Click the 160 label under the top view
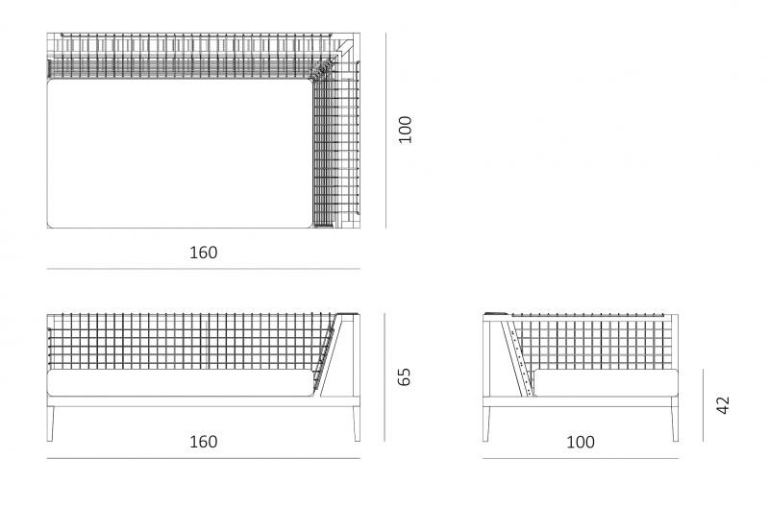point(204,253)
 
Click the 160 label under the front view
point(204,442)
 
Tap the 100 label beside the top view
point(405,130)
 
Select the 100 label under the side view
point(581,443)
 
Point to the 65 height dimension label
point(404,376)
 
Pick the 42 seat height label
point(724,405)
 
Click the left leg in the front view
point(51,423)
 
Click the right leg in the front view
point(357,423)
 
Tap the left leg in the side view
point(486,423)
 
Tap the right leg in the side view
point(675,423)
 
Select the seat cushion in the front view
point(181,383)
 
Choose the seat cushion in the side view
point(606,383)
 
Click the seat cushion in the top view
point(180,154)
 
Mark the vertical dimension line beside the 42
point(703,405)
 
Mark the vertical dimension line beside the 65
point(385,377)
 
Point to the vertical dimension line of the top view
point(386,131)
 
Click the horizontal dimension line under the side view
point(581,459)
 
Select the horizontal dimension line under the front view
point(204,459)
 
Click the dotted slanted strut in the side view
point(518,357)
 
